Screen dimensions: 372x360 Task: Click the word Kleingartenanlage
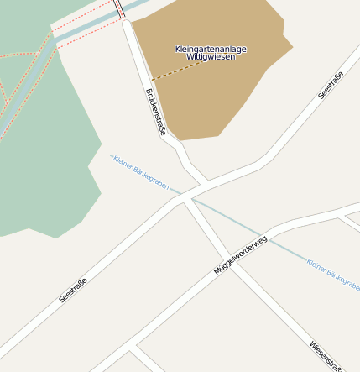211,49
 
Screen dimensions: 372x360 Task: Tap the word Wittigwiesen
211,57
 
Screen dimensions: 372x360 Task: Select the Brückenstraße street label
155,112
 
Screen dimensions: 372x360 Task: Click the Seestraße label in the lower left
74,286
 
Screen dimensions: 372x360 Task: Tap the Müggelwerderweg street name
240,254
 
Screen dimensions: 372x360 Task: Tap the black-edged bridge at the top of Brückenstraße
118,8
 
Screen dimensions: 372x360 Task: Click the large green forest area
42,168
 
